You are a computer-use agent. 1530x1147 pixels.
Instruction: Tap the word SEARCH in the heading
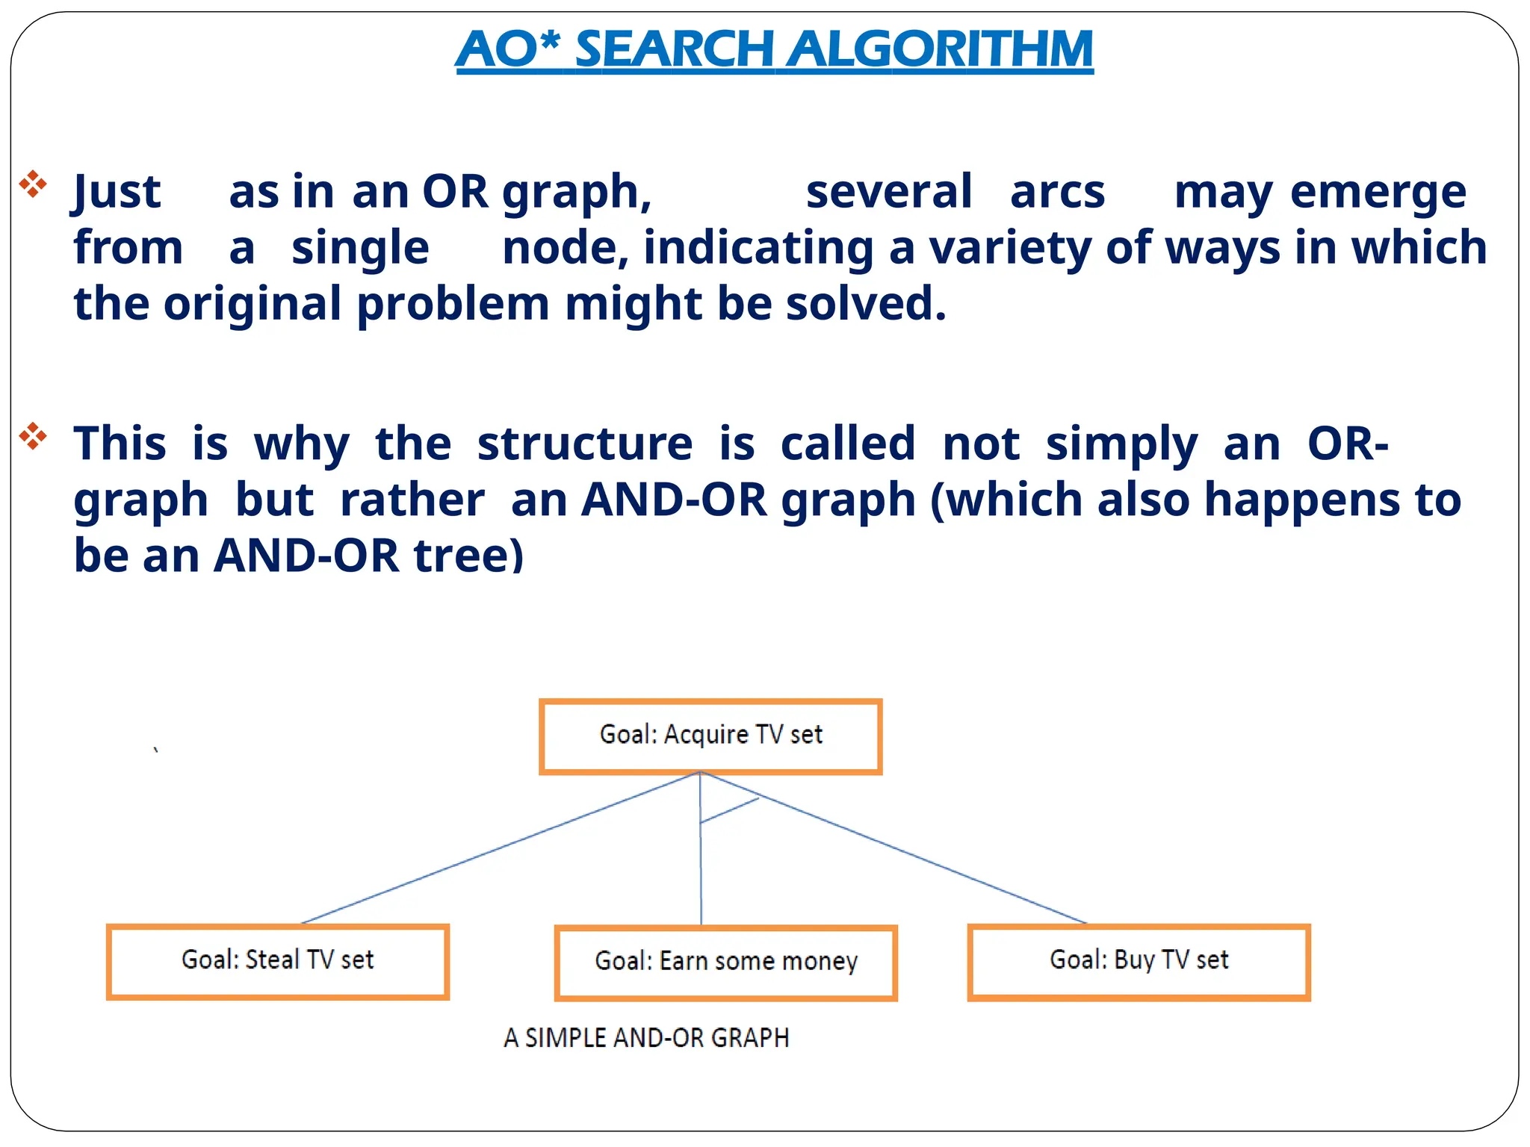pos(674,49)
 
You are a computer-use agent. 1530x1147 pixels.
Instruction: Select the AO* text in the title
pos(508,49)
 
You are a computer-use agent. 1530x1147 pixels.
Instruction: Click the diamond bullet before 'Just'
pos(33,184)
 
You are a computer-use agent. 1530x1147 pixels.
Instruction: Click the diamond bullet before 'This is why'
pos(33,436)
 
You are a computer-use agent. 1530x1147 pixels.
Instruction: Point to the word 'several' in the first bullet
pos(888,191)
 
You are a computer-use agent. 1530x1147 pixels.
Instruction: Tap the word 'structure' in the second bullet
pos(585,444)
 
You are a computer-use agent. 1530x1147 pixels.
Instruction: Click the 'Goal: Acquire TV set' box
pos(710,736)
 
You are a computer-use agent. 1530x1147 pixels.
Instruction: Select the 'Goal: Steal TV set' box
pos(277,961)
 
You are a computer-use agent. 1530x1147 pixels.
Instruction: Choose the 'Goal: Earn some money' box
pos(725,962)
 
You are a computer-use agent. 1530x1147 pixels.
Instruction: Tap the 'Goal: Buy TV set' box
pos(1139,961)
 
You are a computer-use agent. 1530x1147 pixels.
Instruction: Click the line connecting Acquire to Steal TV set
pos(501,848)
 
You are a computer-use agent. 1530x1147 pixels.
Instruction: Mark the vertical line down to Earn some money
pos(701,874)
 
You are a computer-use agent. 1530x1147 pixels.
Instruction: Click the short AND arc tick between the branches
pos(730,810)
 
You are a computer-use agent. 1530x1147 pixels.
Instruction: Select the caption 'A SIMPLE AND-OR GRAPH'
pos(646,1038)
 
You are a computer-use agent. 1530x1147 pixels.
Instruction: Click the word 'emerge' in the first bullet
pos(1378,191)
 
